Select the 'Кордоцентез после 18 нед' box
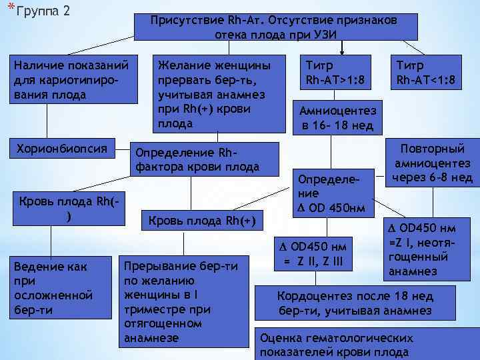(356, 303)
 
